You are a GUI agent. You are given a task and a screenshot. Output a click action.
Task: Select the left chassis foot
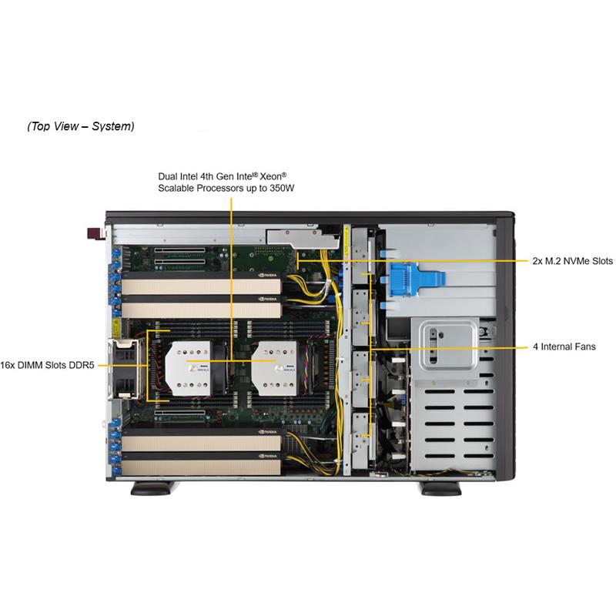[153, 487]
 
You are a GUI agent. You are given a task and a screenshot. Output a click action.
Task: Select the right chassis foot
[440, 487]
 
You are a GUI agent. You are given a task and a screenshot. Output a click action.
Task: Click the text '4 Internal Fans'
[564, 347]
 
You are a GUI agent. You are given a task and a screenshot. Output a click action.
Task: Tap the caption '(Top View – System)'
[81, 126]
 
